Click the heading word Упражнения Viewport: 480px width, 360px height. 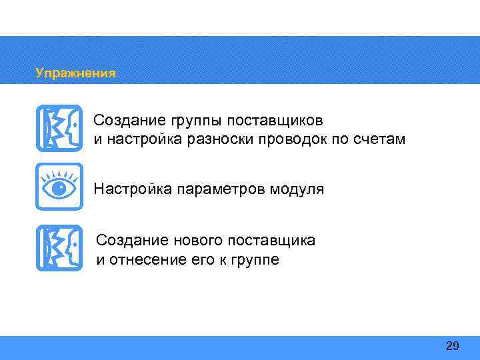75,73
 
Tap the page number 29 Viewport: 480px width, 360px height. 452,346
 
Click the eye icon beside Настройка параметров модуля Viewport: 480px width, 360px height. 59,187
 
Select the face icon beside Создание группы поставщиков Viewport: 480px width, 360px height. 59,127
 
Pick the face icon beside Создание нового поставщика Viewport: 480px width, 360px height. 59,247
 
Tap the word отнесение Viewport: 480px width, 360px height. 145,259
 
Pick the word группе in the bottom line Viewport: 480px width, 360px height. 255,259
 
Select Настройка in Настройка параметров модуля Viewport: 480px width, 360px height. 133,189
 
